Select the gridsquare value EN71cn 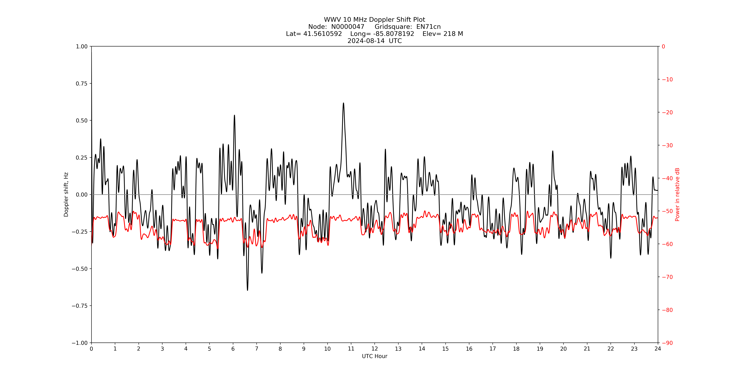428,27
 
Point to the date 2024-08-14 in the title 366,41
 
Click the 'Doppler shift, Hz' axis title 66,195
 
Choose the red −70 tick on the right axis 667,277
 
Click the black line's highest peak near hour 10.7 343,103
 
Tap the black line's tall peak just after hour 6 234,115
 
